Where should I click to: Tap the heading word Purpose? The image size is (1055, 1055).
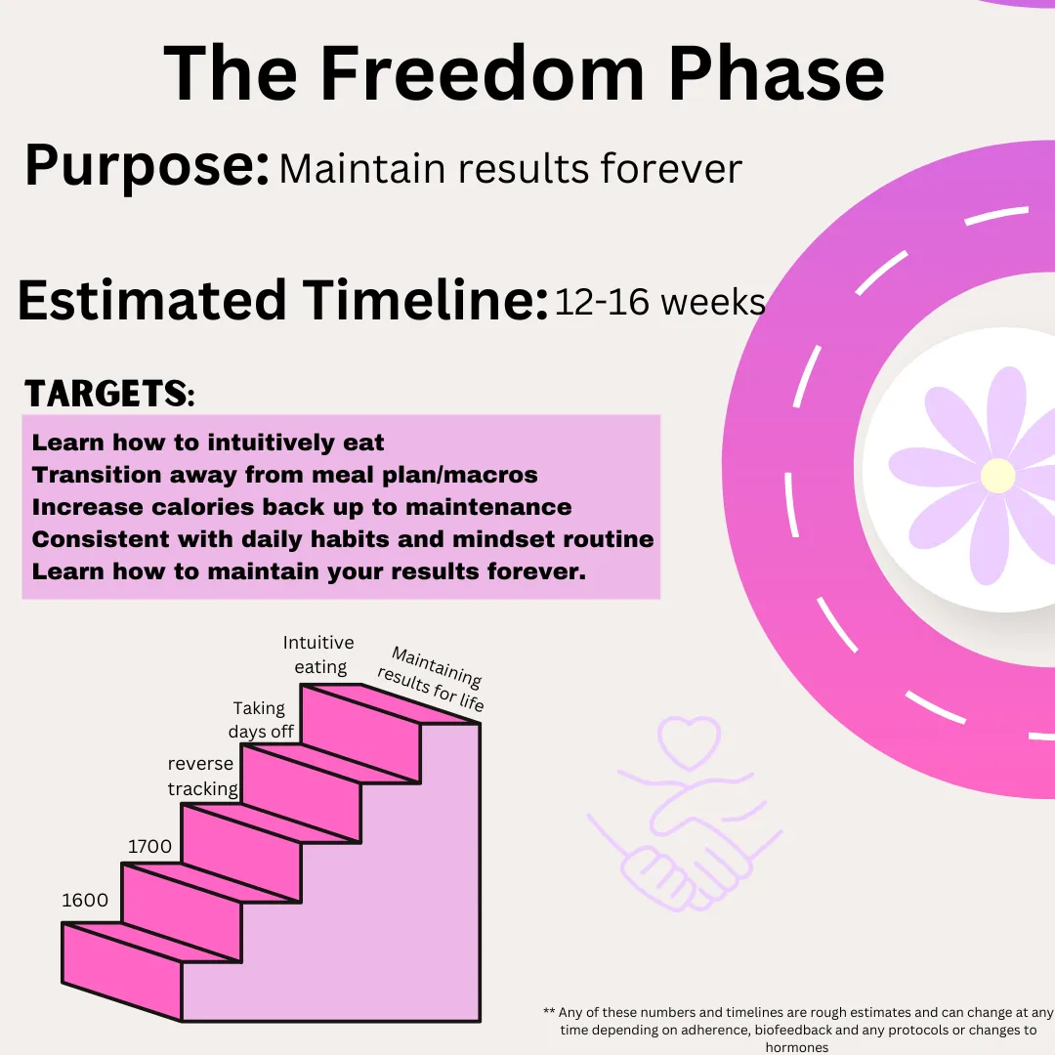(x=148, y=166)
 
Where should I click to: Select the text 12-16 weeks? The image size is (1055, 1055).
(x=660, y=302)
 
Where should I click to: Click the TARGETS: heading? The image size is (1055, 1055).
(x=109, y=394)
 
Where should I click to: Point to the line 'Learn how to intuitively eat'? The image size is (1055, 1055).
(x=208, y=443)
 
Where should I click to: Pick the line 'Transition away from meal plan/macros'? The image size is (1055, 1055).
(x=284, y=475)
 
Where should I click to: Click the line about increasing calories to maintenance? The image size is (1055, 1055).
(x=302, y=507)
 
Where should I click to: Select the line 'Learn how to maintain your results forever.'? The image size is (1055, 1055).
(x=309, y=571)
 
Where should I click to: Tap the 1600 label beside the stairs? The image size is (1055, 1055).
(x=85, y=901)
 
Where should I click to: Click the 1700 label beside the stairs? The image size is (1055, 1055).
(x=149, y=846)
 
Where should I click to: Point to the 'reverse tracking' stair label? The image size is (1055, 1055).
(x=202, y=776)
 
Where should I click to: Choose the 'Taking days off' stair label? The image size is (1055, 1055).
(x=261, y=720)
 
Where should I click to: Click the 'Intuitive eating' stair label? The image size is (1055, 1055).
(x=318, y=654)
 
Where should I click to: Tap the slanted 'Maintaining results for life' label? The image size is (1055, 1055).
(x=432, y=679)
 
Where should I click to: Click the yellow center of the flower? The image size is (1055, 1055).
(x=997, y=475)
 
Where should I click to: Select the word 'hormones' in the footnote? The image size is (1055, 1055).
(x=797, y=1047)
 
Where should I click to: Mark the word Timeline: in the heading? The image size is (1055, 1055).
(x=425, y=300)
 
